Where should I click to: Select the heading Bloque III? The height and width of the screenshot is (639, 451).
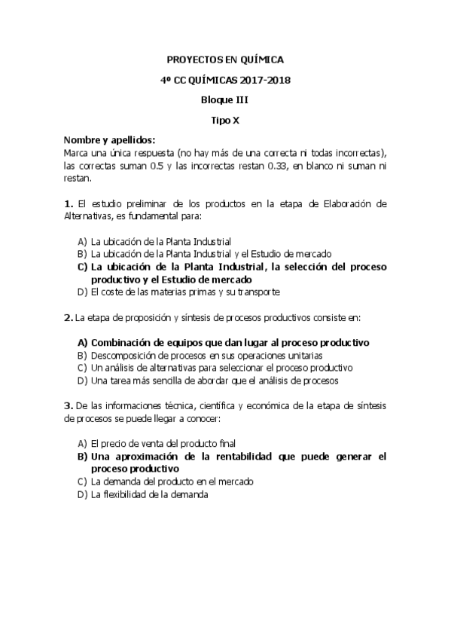[x=225, y=99]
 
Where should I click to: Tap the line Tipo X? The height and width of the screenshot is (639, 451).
[x=225, y=119]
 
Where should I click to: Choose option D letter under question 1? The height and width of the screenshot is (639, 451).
[x=82, y=292]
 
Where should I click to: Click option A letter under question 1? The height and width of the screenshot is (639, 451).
[x=82, y=242]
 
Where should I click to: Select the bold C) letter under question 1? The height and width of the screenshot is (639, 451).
[x=82, y=267]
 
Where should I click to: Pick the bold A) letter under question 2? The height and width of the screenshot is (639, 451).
[x=82, y=342]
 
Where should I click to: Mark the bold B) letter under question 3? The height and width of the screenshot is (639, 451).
[x=82, y=457]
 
